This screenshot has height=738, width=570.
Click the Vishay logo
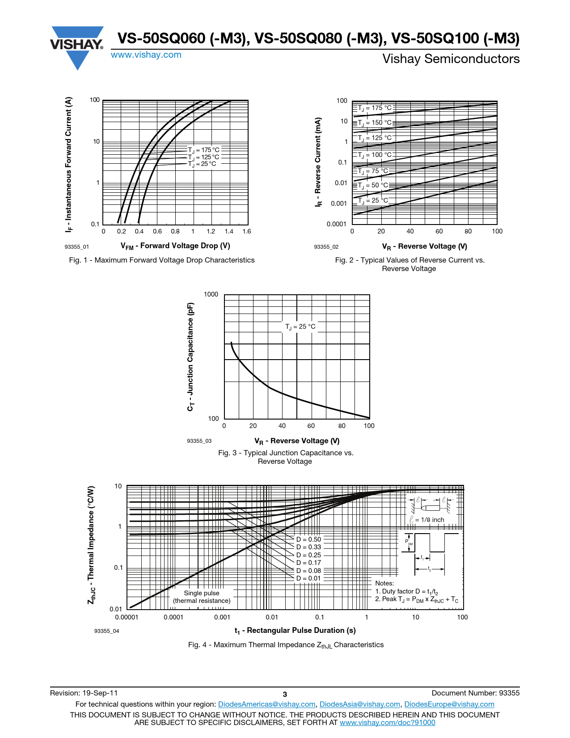(x=77, y=47)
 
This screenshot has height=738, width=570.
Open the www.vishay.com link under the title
(x=146, y=55)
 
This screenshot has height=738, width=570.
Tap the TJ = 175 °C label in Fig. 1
(x=204, y=150)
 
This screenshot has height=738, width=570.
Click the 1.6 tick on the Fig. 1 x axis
(x=247, y=232)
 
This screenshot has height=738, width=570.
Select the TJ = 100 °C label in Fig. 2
(x=375, y=155)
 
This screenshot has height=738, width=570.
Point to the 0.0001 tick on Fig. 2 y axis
(x=336, y=224)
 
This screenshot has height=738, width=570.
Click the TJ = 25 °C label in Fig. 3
(x=300, y=327)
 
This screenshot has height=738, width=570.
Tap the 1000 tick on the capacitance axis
(x=211, y=294)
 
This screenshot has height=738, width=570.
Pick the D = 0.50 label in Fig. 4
(x=308, y=540)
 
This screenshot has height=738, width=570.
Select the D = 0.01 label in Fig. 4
(x=308, y=578)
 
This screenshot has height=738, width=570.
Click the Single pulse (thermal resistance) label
(x=202, y=597)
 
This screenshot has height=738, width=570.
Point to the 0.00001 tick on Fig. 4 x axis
(x=127, y=618)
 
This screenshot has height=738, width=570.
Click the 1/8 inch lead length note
(x=427, y=520)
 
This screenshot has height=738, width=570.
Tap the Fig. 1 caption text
(x=162, y=260)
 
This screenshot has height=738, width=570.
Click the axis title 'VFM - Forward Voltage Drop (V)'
(x=175, y=246)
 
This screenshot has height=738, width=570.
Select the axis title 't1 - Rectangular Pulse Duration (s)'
(x=295, y=631)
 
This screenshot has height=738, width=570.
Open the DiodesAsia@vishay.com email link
(x=360, y=704)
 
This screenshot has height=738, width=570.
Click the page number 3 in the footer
(x=285, y=694)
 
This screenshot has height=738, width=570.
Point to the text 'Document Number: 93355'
(x=476, y=693)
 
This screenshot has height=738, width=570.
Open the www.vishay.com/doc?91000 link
(x=387, y=723)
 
